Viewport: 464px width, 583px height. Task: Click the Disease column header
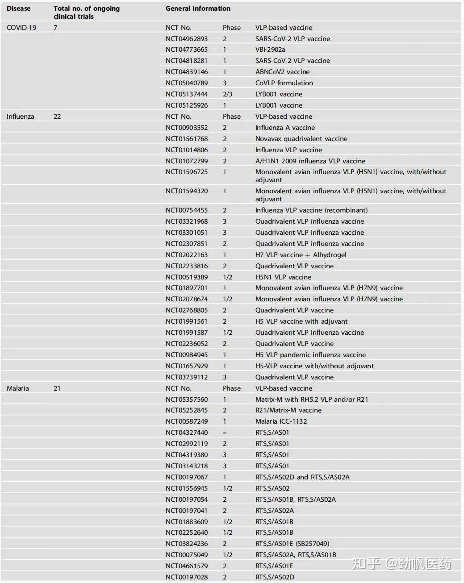click(x=18, y=8)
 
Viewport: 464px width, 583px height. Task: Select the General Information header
click(x=198, y=8)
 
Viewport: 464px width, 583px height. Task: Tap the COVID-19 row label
click(x=21, y=28)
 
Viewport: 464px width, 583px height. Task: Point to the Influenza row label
click(x=20, y=117)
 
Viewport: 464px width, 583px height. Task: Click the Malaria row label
click(x=18, y=388)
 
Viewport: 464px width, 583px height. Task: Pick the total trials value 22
click(x=57, y=117)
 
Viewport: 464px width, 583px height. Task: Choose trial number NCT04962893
click(x=186, y=39)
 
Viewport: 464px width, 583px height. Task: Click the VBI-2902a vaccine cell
click(x=270, y=50)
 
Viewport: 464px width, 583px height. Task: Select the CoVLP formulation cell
click(x=284, y=83)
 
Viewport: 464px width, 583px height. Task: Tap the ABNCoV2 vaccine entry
click(x=282, y=72)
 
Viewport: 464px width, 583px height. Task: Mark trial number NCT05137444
click(x=186, y=94)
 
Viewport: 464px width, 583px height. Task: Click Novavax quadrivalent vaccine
click(x=301, y=139)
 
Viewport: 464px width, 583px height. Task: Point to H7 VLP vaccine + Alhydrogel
click(x=301, y=255)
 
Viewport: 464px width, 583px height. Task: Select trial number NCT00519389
click(x=186, y=277)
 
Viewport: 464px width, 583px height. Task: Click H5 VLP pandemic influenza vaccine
click(x=310, y=355)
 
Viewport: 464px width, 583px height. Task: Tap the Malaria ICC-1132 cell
click(x=281, y=421)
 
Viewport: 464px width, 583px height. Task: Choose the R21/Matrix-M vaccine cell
click(x=288, y=410)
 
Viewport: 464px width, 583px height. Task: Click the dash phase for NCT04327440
click(x=225, y=433)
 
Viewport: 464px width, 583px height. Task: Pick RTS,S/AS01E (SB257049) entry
click(x=292, y=544)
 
